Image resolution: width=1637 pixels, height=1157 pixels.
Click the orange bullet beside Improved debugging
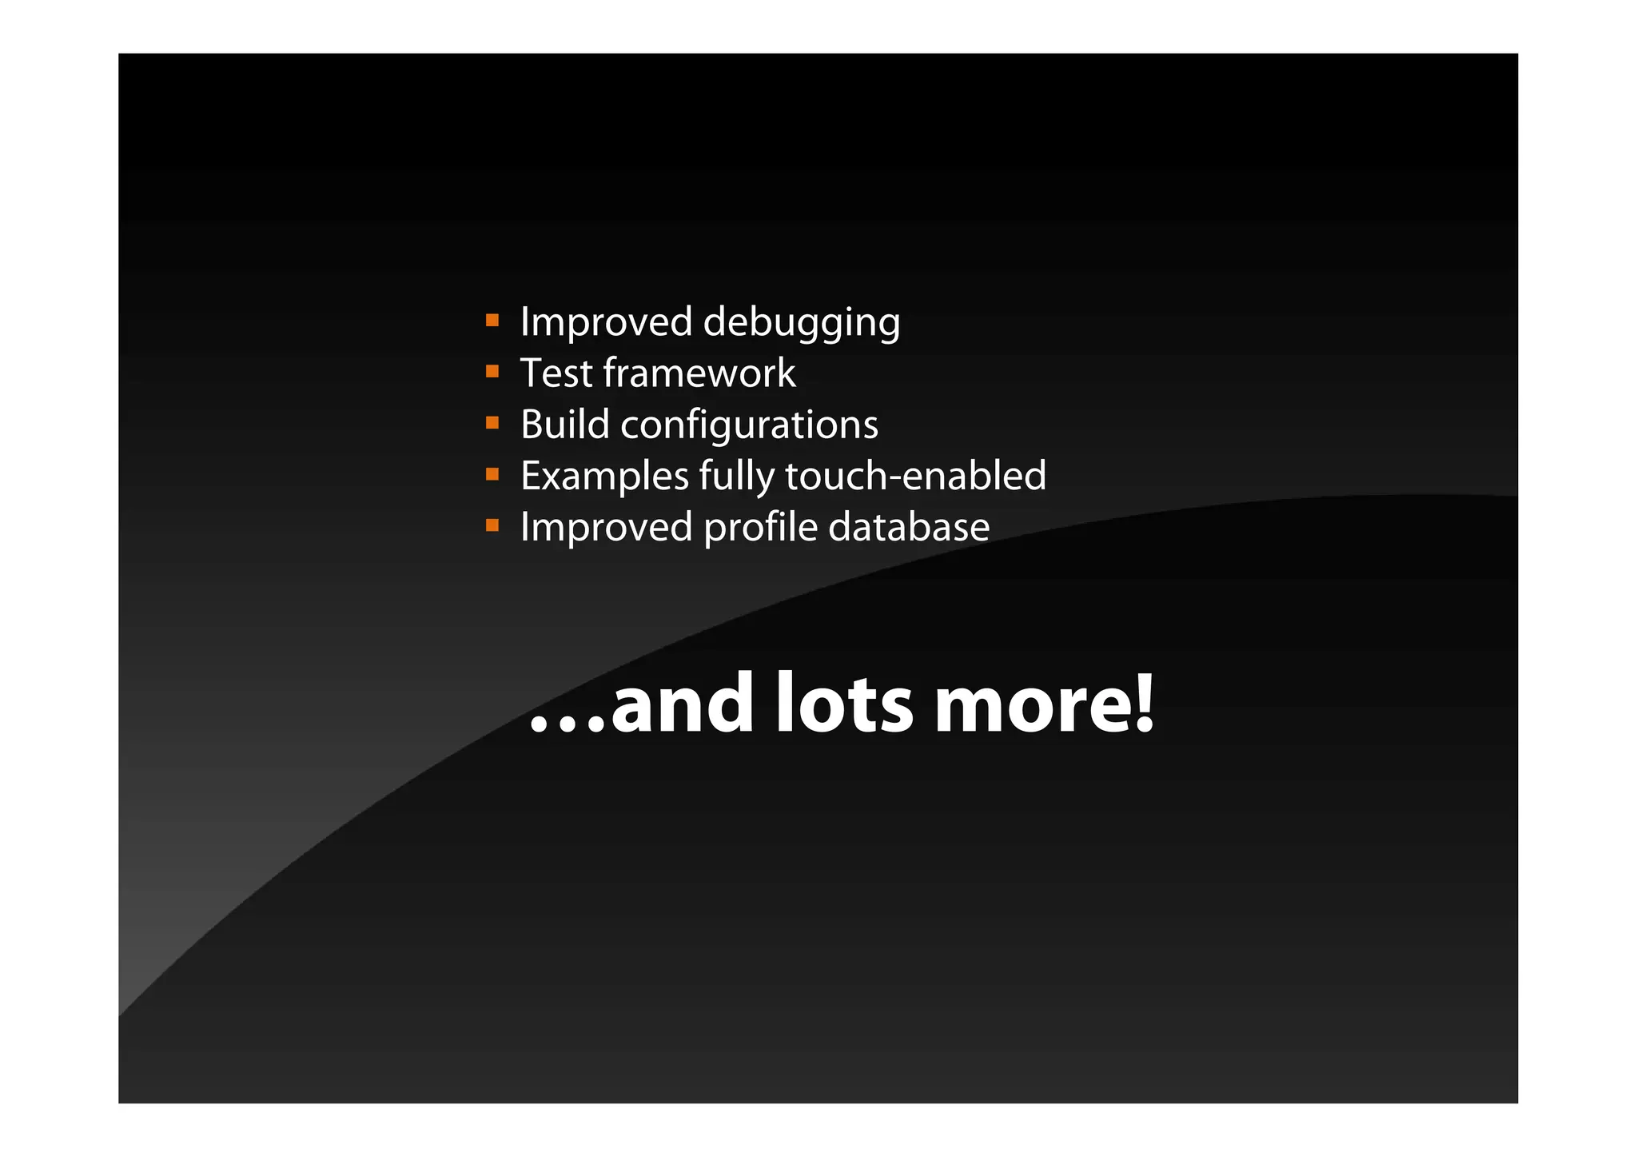click(x=492, y=321)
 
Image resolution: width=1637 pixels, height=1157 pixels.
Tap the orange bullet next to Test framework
click(x=492, y=372)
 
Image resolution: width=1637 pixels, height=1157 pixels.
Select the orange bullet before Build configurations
click(x=492, y=423)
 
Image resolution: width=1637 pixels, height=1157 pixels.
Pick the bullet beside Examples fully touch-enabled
click(x=492, y=475)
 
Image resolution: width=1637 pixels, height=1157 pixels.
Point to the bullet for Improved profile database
click(x=492, y=526)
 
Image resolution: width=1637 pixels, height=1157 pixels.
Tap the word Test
click(x=556, y=373)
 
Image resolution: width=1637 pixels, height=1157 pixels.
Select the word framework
click(x=699, y=373)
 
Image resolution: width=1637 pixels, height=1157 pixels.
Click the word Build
click(x=564, y=424)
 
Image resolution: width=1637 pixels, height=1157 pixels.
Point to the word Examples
click(x=604, y=477)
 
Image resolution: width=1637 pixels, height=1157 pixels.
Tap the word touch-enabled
click(x=915, y=476)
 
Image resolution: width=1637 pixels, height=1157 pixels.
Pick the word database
click(x=909, y=527)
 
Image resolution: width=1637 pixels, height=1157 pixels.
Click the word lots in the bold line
click(x=844, y=704)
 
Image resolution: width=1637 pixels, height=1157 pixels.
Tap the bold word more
click(x=1031, y=705)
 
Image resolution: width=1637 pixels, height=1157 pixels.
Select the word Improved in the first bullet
click(x=606, y=322)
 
